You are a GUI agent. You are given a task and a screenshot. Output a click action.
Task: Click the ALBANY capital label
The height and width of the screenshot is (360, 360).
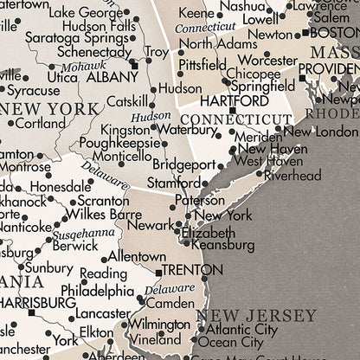pyautogui.click(x=108, y=76)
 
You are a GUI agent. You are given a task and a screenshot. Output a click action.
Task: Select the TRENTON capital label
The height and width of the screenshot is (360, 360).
pyautogui.click(x=188, y=270)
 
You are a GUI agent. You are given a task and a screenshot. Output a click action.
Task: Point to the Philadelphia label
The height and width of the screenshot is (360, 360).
pyautogui.click(x=97, y=291)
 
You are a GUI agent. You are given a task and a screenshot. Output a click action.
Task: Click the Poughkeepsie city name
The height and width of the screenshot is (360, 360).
pyautogui.click(x=117, y=143)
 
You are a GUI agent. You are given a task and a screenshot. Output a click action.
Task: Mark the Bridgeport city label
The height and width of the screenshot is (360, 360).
pyautogui.click(x=183, y=164)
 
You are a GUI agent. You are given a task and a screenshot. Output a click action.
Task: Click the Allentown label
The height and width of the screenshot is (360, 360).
pyautogui.click(x=137, y=257)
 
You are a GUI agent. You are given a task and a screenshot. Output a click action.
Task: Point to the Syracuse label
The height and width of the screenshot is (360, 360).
pyautogui.click(x=34, y=90)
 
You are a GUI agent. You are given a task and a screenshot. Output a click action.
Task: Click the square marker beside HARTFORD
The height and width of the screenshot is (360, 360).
pyautogui.click(x=231, y=110)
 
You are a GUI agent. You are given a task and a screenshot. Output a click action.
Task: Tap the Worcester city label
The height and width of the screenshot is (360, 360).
pyautogui.click(x=268, y=60)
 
